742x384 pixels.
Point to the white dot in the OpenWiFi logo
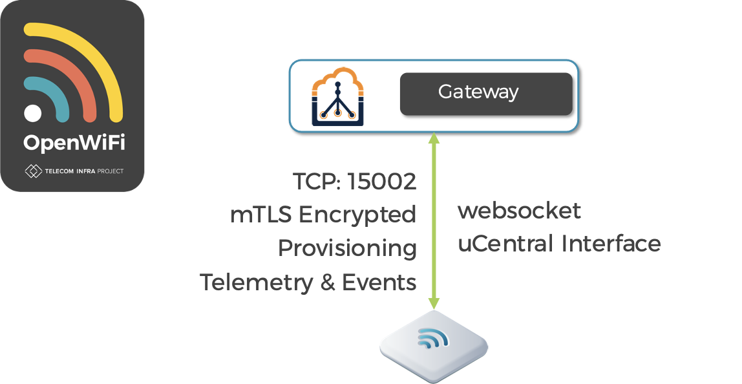(x=33, y=112)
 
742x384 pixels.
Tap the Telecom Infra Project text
(x=84, y=171)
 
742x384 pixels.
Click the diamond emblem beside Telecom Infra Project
(x=33, y=171)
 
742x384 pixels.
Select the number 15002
(x=382, y=182)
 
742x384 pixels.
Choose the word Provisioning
(x=347, y=249)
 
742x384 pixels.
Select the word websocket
(x=520, y=211)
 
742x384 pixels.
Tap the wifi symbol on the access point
(x=431, y=339)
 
